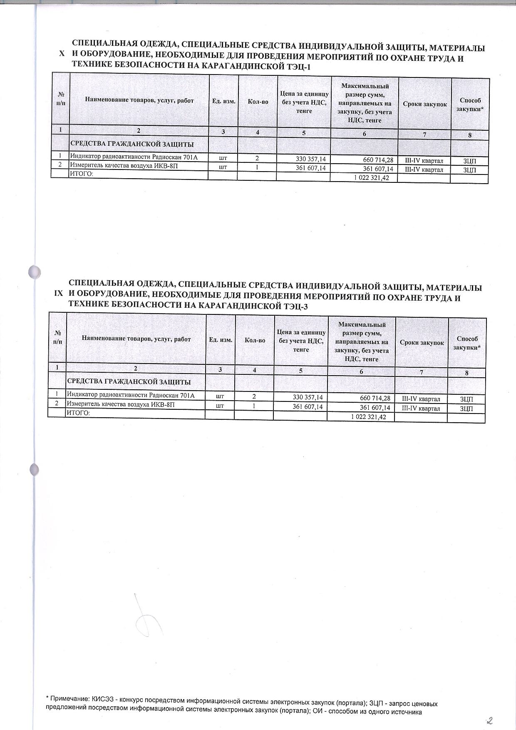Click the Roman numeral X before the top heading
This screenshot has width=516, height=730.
tap(62, 54)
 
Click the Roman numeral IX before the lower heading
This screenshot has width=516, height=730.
tap(58, 294)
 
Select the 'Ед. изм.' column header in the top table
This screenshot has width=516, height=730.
tap(223, 101)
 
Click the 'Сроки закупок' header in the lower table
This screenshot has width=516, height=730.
tap(422, 342)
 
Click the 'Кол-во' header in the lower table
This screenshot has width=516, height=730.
tap(255, 340)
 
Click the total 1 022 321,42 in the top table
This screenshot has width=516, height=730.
tap(371, 178)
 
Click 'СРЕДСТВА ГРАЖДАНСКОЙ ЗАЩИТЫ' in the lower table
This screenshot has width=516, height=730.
tap(129, 381)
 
